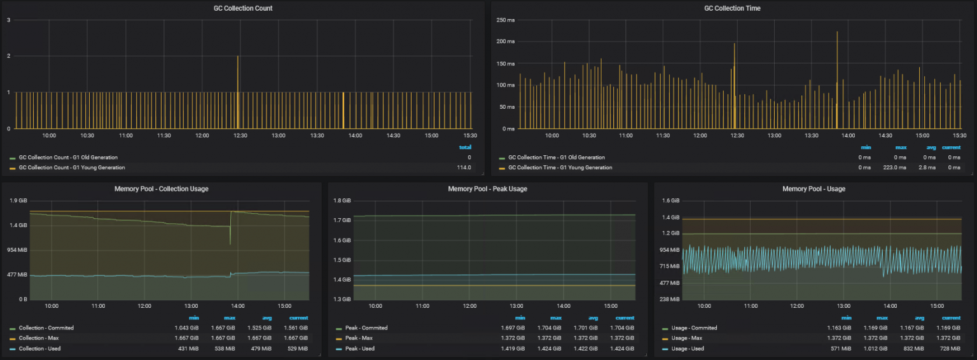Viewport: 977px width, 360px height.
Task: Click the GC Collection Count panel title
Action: (x=243, y=8)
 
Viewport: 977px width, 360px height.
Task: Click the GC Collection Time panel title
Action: (x=732, y=8)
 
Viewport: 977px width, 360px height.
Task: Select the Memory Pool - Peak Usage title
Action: (x=487, y=189)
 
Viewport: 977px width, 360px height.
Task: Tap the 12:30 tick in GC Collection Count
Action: (x=240, y=135)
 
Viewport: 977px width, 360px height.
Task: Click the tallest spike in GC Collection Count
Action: (x=238, y=57)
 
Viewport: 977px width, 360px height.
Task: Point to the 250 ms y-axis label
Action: (x=505, y=20)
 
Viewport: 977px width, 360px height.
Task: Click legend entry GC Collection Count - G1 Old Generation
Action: (x=68, y=157)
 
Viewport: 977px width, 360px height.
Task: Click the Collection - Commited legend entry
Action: (x=46, y=328)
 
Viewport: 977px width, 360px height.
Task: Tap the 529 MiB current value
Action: (x=298, y=349)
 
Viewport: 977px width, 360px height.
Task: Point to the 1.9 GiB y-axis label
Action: (x=18, y=200)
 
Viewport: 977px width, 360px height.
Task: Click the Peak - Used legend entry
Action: (x=359, y=349)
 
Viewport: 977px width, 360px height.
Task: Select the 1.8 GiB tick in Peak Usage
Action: (x=342, y=200)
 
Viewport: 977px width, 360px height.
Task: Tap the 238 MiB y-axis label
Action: (x=670, y=299)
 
